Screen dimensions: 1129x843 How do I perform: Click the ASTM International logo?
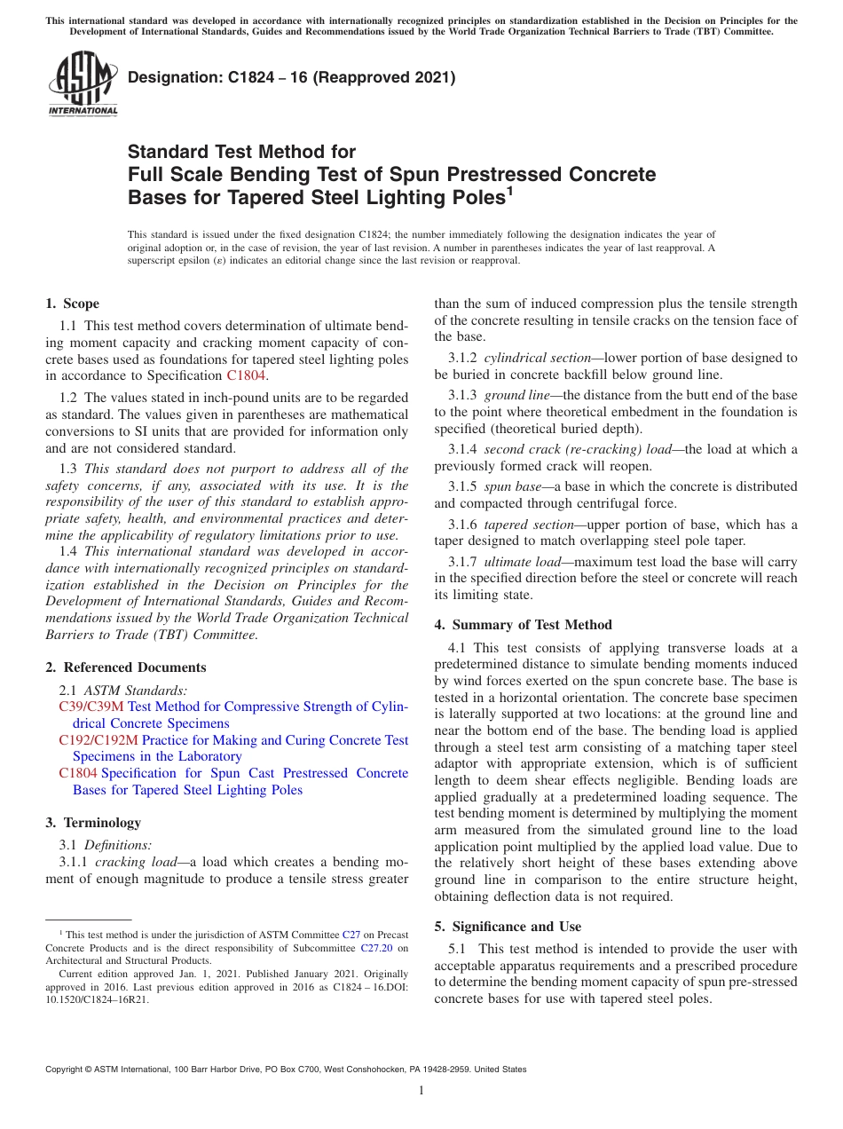[x=83, y=86]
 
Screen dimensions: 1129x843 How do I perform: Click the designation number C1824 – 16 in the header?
[x=291, y=78]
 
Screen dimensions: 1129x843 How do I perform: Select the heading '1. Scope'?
[x=72, y=304]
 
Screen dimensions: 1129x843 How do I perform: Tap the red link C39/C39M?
[x=91, y=707]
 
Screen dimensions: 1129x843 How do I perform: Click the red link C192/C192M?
[x=98, y=740]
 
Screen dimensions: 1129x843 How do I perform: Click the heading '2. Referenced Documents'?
[x=125, y=667]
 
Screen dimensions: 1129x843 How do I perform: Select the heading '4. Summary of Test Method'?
[x=523, y=625]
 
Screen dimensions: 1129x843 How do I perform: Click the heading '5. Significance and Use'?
[x=508, y=927]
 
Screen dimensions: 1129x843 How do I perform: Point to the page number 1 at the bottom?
[x=421, y=1091]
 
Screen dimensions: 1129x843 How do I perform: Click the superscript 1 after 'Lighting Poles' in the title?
[x=508, y=190]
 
